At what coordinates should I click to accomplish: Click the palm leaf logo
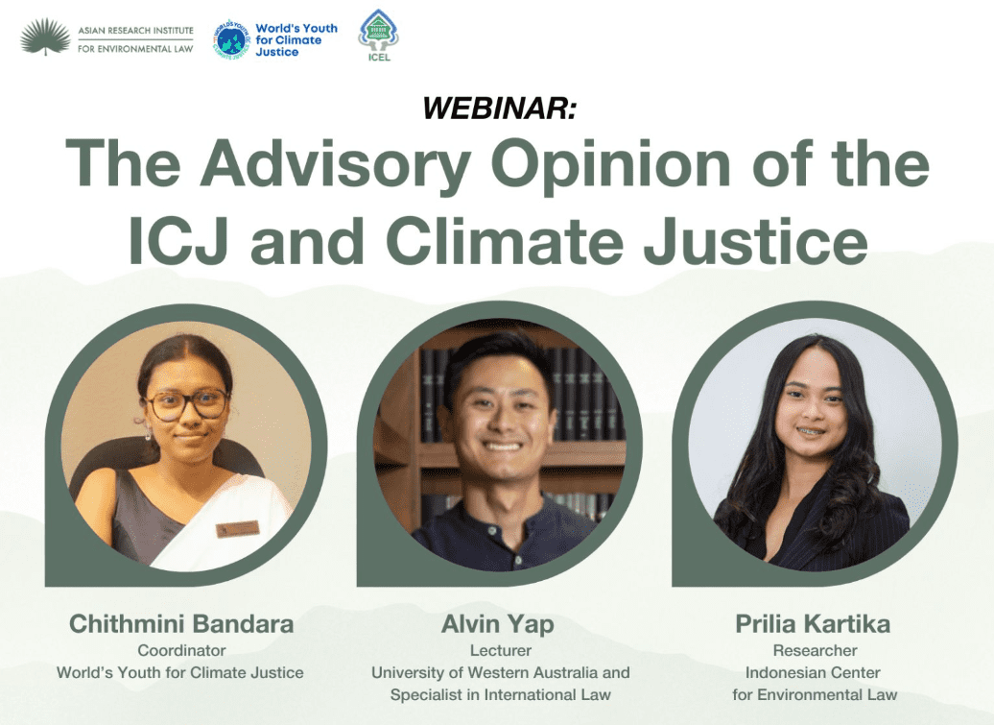(x=45, y=36)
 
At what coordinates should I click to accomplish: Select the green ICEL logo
(x=378, y=35)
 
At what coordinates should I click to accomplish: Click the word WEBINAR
(x=500, y=108)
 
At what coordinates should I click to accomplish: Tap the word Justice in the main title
(x=755, y=241)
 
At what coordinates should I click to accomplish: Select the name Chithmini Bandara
(x=181, y=623)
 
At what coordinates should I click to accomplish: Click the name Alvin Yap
(x=498, y=624)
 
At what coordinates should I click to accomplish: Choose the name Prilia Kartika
(x=813, y=623)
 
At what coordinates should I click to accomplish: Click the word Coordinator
(x=181, y=650)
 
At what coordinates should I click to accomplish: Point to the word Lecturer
(x=501, y=650)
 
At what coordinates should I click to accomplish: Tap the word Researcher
(x=815, y=650)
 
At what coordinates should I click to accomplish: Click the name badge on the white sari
(x=238, y=528)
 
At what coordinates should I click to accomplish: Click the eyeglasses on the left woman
(x=186, y=404)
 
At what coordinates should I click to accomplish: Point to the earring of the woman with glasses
(x=148, y=433)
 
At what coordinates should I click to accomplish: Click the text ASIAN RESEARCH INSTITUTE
(x=135, y=30)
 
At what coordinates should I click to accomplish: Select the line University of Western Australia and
(x=501, y=672)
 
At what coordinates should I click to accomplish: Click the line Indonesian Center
(x=813, y=672)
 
